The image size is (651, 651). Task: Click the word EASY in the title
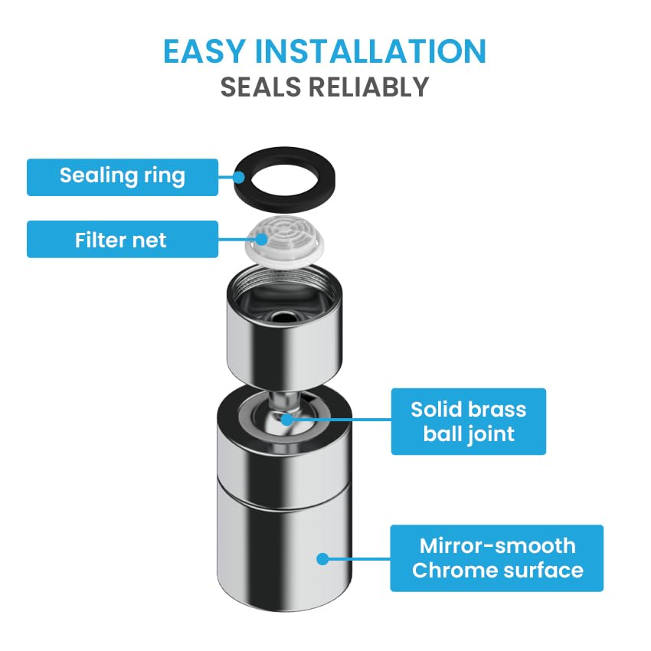click(204, 51)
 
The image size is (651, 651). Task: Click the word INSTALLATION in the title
click(371, 51)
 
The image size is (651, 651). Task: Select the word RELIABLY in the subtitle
click(368, 87)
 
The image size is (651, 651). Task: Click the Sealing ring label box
click(123, 177)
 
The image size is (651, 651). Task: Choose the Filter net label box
click(123, 239)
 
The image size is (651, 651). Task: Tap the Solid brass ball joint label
click(468, 421)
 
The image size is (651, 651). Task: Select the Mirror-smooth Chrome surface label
click(496, 558)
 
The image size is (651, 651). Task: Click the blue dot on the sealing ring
click(239, 177)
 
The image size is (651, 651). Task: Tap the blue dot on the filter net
click(261, 239)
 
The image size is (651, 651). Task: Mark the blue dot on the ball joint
click(287, 420)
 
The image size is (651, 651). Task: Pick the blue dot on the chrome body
click(322, 559)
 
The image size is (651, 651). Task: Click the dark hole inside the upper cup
click(283, 318)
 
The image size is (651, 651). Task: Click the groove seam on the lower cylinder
click(284, 496)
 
